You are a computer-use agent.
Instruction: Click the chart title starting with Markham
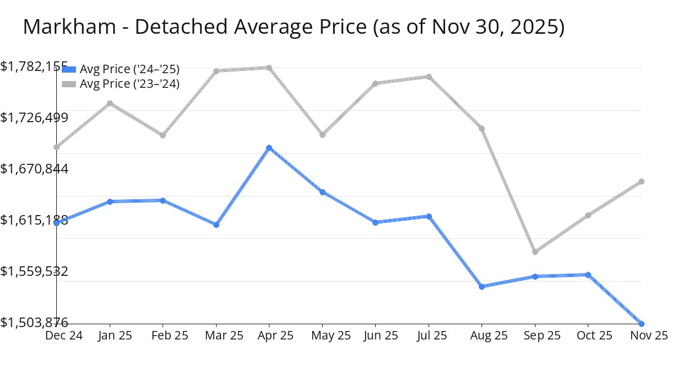(293, 26)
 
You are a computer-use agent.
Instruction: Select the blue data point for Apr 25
(269, 148)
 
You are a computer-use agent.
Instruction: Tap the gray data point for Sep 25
(535, 252)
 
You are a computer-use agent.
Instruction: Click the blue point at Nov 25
(641, 324)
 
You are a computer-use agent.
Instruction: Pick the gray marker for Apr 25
(269, 68)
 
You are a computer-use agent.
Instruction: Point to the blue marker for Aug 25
(482, 287)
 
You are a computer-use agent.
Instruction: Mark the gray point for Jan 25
(110, 103)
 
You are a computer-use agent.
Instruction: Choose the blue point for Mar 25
(216, 225)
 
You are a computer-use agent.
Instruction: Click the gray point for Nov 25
(641, 181)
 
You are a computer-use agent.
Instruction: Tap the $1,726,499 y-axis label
(34, 118)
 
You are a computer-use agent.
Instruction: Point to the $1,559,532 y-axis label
(34, 271)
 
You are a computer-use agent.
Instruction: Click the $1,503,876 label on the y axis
(34, 322)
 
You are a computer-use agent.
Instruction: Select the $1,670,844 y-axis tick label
(34, 169)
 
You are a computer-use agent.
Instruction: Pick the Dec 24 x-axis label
(64, 336)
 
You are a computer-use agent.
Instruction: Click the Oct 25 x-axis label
(588, 336)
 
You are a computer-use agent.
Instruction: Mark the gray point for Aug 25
(482, 128)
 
